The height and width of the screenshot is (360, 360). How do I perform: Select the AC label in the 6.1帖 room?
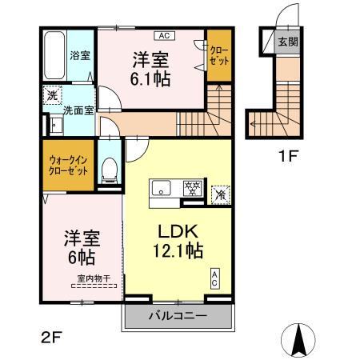(x=162, y=36)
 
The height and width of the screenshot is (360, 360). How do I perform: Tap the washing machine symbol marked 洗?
(x=50, y=92)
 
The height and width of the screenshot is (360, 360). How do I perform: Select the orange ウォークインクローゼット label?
(x=68, y=166)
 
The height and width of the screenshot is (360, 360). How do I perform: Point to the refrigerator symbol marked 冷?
(x=218, y=193)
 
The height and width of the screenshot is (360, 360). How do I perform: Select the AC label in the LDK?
(x=215, y=279)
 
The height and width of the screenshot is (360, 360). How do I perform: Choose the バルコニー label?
(x=178, y=316)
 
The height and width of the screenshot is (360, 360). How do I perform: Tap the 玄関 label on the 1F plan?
(x=286, y=42)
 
